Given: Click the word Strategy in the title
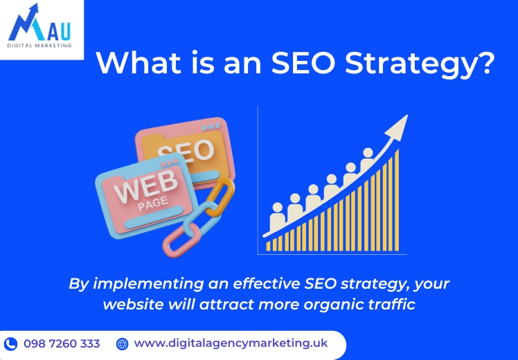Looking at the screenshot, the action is point(420,64).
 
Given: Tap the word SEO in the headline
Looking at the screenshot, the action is point(303,62).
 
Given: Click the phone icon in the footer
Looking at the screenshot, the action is point(10,344).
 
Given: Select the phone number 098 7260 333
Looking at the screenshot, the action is point(62,344).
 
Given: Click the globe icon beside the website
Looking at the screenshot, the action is point(123,344).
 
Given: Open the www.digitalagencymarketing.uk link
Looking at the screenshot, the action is point(231,343).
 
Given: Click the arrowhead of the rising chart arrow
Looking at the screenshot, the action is point(398,127).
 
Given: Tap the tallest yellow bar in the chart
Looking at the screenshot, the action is point(397,200).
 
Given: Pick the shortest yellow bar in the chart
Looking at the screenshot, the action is point(268,246).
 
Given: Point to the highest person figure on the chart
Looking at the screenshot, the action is point(367,159).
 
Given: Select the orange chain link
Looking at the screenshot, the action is point(221,197).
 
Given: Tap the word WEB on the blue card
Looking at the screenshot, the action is point(145,187).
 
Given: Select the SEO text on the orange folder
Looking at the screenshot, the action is point(186,151).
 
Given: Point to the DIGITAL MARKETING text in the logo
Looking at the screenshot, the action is point(39,45).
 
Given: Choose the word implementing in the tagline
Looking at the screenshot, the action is point(148,285).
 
